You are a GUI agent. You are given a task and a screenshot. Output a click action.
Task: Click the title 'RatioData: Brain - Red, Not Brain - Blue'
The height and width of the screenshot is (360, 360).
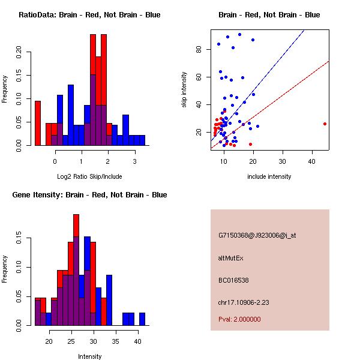89,15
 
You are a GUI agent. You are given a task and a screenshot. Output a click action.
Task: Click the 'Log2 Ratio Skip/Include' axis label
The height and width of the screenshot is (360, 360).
89,176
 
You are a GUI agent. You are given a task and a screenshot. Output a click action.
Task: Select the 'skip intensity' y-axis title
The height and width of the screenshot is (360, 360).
185,90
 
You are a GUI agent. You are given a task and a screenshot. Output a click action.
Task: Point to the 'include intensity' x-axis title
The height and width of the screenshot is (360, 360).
269,176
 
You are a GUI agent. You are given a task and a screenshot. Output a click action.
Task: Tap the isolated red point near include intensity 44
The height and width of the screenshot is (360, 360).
325,124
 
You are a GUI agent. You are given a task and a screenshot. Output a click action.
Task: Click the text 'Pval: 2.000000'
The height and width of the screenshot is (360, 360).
239,319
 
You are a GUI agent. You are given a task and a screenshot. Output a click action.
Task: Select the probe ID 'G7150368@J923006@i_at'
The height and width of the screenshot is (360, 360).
257,235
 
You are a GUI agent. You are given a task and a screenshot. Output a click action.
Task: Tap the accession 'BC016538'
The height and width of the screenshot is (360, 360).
233,280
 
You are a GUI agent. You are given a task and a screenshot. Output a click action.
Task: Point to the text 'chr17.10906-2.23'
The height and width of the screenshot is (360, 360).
243,302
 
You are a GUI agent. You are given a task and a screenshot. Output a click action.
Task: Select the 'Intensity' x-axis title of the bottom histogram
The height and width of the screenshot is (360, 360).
89,356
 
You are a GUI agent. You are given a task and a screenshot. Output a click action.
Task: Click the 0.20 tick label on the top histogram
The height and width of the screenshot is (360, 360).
18,52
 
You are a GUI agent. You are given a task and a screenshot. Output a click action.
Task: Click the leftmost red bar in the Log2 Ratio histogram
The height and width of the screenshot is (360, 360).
38,123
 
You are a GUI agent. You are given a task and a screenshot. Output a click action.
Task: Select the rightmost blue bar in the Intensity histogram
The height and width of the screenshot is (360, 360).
142,319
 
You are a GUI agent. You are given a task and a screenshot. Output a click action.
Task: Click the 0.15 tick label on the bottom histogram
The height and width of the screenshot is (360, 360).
18,239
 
